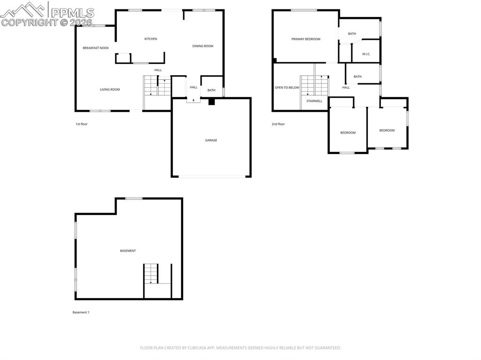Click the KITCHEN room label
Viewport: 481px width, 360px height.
[x=150, y=39]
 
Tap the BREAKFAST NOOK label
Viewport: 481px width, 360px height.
[x=95, y=48]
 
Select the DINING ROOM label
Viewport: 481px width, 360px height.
[x=203, y=46]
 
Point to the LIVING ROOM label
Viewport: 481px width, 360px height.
[x=109, y=90]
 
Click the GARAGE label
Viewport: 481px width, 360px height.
[x=211, y=140]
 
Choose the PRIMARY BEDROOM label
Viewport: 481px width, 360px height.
[x=306, y=39]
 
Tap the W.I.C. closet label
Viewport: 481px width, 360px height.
[x=366, y=54]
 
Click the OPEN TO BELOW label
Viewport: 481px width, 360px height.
[x=287, y=88]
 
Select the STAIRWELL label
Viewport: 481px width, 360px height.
[x=314, y=101]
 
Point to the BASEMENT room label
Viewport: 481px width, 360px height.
[x=128, y=251]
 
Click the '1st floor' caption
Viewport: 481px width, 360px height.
[x=82, y=124]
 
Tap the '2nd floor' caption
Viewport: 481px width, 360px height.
[x=278, y=124]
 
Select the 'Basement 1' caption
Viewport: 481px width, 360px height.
[x=81, y=313]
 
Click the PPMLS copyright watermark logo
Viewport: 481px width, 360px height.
[x=47, y=14]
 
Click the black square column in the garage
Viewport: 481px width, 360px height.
[x=211, y=101]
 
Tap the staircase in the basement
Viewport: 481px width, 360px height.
[x=151, y=274]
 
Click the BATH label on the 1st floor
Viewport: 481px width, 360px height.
[x=211, y=91]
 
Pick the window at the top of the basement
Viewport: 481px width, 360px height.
[x=134, y=199]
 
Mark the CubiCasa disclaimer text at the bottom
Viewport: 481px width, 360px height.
[x=240, y=348]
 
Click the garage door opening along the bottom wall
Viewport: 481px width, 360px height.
[x=211, y=176]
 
